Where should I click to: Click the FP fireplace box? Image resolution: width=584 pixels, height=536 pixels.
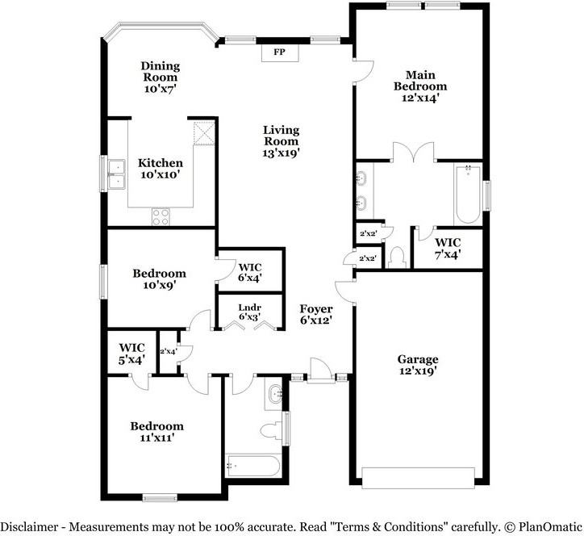280,52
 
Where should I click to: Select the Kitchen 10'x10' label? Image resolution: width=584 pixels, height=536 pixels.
160,168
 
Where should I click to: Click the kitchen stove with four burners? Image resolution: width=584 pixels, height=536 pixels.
161,216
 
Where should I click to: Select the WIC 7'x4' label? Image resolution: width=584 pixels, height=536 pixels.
448,249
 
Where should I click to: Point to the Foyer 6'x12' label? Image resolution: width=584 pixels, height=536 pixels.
316,314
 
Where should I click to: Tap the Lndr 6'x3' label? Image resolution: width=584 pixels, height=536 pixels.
248,311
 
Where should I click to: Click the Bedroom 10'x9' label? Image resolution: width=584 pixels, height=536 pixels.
160,279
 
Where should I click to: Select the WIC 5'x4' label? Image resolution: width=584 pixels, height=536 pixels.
131,354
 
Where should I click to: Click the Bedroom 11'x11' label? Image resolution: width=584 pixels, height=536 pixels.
157,432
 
